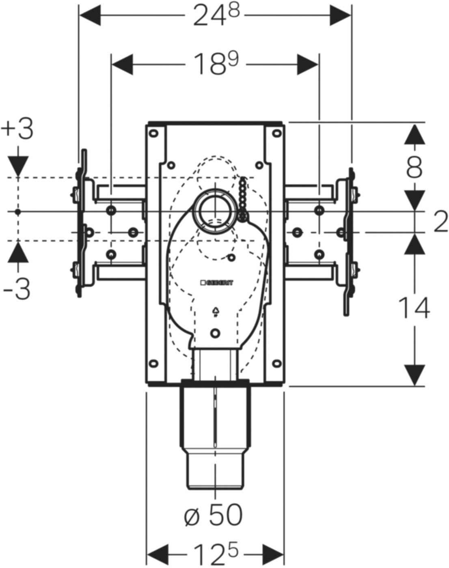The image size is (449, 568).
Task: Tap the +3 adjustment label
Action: point(17,130)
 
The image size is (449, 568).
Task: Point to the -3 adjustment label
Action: point(17,290)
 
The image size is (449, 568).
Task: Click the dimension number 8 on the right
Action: point(414,167)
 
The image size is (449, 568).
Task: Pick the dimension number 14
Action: point(414,308)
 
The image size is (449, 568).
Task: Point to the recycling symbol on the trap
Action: point(215,312)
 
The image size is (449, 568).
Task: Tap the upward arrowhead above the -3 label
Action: point(17,254)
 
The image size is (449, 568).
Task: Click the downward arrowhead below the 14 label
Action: point(414,375)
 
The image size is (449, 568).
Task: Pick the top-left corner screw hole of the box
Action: point(154,133)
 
